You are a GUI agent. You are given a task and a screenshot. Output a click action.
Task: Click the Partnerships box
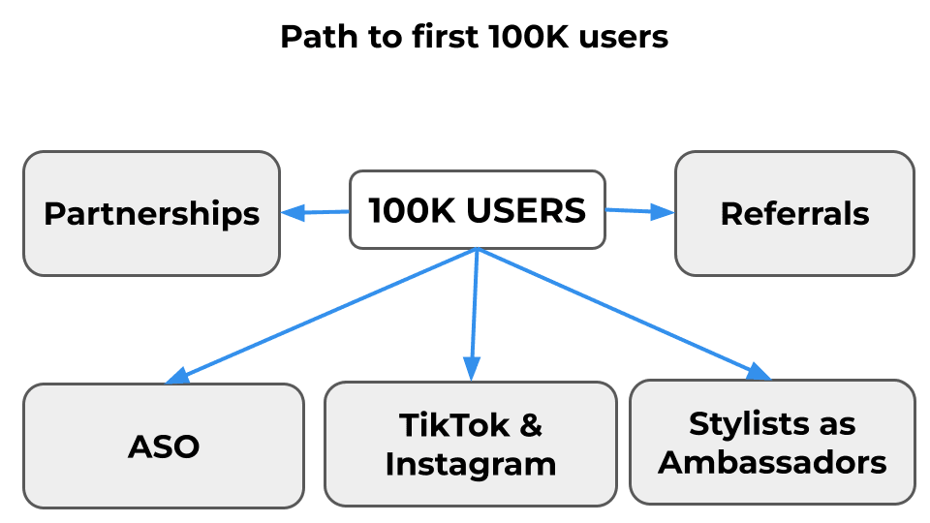[x=151, y=213]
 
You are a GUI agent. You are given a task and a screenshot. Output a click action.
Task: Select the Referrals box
[x=794, y=213]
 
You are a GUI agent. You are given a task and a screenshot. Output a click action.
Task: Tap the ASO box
[x=164, y=446]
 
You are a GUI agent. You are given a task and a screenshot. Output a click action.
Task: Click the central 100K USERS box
[x=477, y=209]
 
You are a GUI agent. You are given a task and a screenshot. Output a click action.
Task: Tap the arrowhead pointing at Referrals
[x=664, y=212]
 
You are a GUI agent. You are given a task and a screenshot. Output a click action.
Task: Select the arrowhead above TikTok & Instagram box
[x=472, y=368]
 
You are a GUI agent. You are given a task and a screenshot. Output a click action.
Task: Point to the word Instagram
[x=470, y=464]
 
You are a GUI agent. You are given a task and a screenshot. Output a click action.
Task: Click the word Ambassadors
[x=772, y=462]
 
